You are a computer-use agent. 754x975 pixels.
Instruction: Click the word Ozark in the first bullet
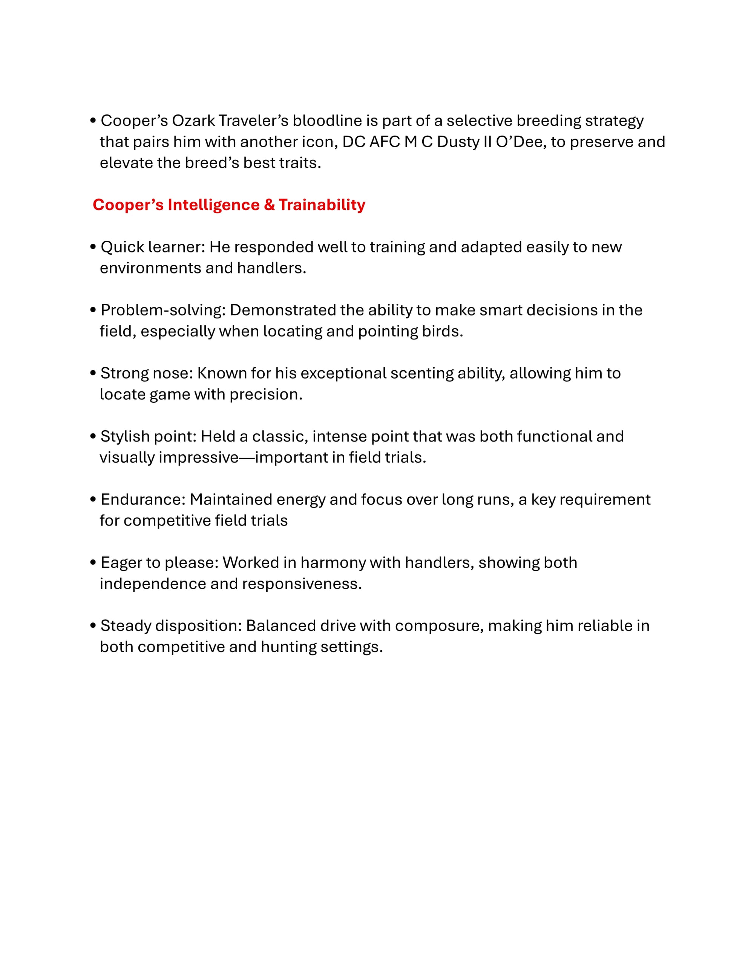click(193, 121)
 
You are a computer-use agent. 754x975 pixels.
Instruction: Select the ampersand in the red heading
click(269, 205)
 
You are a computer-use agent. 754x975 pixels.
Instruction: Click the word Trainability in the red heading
click(322, 205)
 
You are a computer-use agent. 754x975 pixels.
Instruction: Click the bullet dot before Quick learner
click(93, 246)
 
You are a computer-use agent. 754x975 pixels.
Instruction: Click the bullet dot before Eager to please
click(93, 562)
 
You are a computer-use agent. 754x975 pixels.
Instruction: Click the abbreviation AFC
click(384, 142)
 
